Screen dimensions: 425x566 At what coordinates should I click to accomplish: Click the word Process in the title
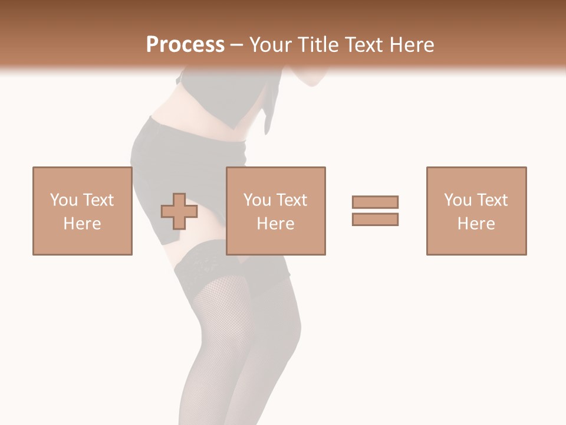(185, 45)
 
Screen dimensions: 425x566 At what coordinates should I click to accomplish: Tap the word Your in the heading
(269, 45)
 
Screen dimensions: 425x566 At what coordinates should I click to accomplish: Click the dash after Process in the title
(236, 45)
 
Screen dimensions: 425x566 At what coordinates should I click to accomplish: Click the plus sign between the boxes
(179, 211)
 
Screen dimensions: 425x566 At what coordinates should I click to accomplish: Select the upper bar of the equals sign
(375, 202)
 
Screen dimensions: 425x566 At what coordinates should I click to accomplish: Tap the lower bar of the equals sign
(375, 219)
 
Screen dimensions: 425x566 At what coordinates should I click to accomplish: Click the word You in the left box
(64, 200)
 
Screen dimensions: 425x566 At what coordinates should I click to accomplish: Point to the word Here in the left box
(82, 224)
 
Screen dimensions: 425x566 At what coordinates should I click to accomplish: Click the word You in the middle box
(257, 200)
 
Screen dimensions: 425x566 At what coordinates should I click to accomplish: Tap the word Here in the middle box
(275, 224)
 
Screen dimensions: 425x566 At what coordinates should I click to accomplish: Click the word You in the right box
(458, 200)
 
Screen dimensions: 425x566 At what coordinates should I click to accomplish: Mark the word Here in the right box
(476, 224)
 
